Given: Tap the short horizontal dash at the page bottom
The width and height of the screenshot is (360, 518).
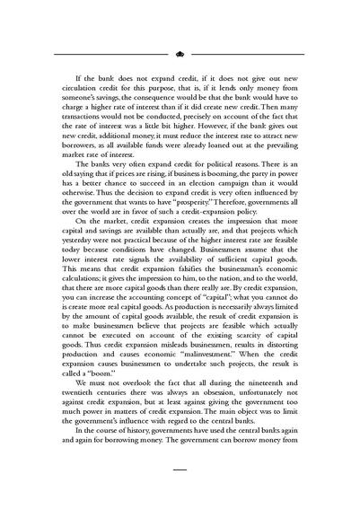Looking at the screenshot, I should click(x=180, y=493).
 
